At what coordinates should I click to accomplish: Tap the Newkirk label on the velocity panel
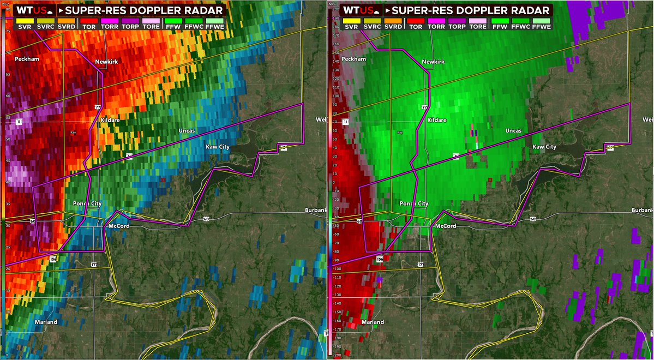tap(433, 62)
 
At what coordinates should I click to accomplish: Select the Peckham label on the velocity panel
tap(353, 58)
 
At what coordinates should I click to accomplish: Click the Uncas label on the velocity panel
tap(513, 131)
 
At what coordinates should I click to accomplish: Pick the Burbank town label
tap(642, 209)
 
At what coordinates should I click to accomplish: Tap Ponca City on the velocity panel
tap(414, 203)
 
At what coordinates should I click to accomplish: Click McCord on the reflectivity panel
tap(118, 226)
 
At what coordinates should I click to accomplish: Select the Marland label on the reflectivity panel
tap(46, 322)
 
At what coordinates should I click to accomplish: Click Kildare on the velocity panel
tap(437, 119)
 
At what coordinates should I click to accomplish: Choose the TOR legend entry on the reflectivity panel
tap(88, 26)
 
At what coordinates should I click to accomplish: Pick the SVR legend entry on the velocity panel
tap(351, 26)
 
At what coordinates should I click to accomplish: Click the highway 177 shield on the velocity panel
tap(420, 264)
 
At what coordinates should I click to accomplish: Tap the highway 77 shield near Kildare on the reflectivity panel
tap(98, 107)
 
